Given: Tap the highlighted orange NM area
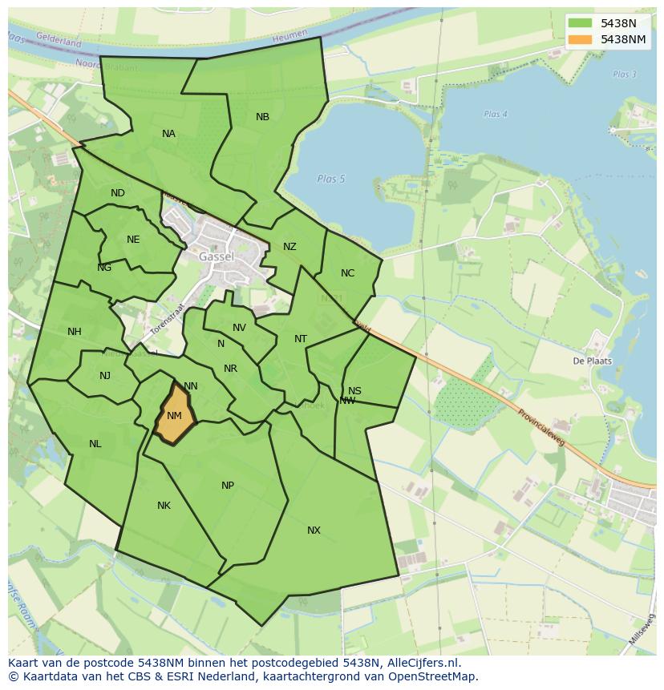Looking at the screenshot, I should coord(174,416).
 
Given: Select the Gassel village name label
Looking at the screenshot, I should coord(217,256).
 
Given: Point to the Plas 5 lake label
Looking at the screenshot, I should coord(330,179).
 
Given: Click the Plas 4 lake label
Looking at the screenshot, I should coord(496,114).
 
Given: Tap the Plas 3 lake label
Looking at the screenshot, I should coord(624,75).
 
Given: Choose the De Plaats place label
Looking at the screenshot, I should coord(592,361).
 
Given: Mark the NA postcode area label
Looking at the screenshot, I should coord(168,134).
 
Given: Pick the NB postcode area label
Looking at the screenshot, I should coord(262,117).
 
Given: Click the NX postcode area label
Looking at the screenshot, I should coord(314,531).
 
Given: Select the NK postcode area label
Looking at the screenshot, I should coord(164,506).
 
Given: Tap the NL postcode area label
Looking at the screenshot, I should coord(95,444).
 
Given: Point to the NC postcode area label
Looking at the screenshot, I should coord(347,273).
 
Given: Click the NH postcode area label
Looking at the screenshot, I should coord(75,332).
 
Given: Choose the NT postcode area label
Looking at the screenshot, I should coord(301,339).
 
